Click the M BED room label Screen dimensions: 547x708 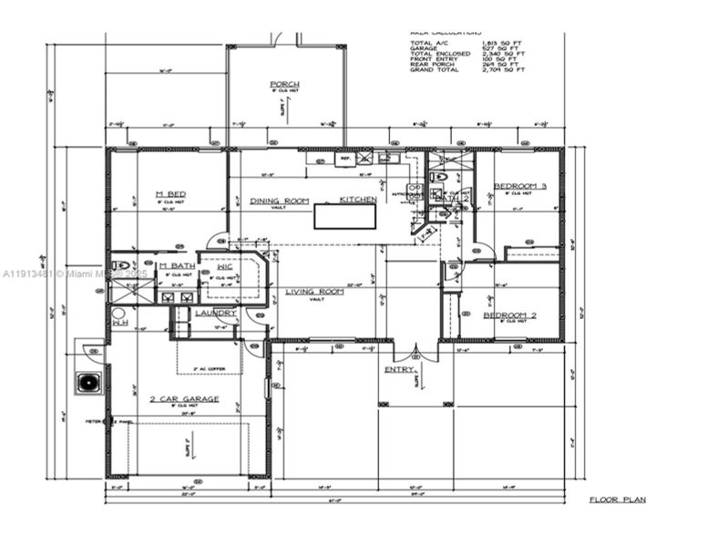(170, 194)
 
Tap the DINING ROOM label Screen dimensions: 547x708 (280, 201)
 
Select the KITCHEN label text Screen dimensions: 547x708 (358, 200)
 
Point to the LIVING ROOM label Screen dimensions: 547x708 (315, 292)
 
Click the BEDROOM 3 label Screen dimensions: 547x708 (520, 186)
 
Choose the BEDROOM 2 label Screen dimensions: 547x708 (509, 315)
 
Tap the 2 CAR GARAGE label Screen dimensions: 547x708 (184, 399)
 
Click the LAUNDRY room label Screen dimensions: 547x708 (216, 313)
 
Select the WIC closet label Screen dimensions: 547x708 (225, 266)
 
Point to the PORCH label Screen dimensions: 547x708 (284, 85)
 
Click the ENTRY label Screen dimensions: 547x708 (398, 369)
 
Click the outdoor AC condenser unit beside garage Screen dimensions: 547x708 (89, 382)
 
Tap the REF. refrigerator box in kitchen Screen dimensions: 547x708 (346, 159)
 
